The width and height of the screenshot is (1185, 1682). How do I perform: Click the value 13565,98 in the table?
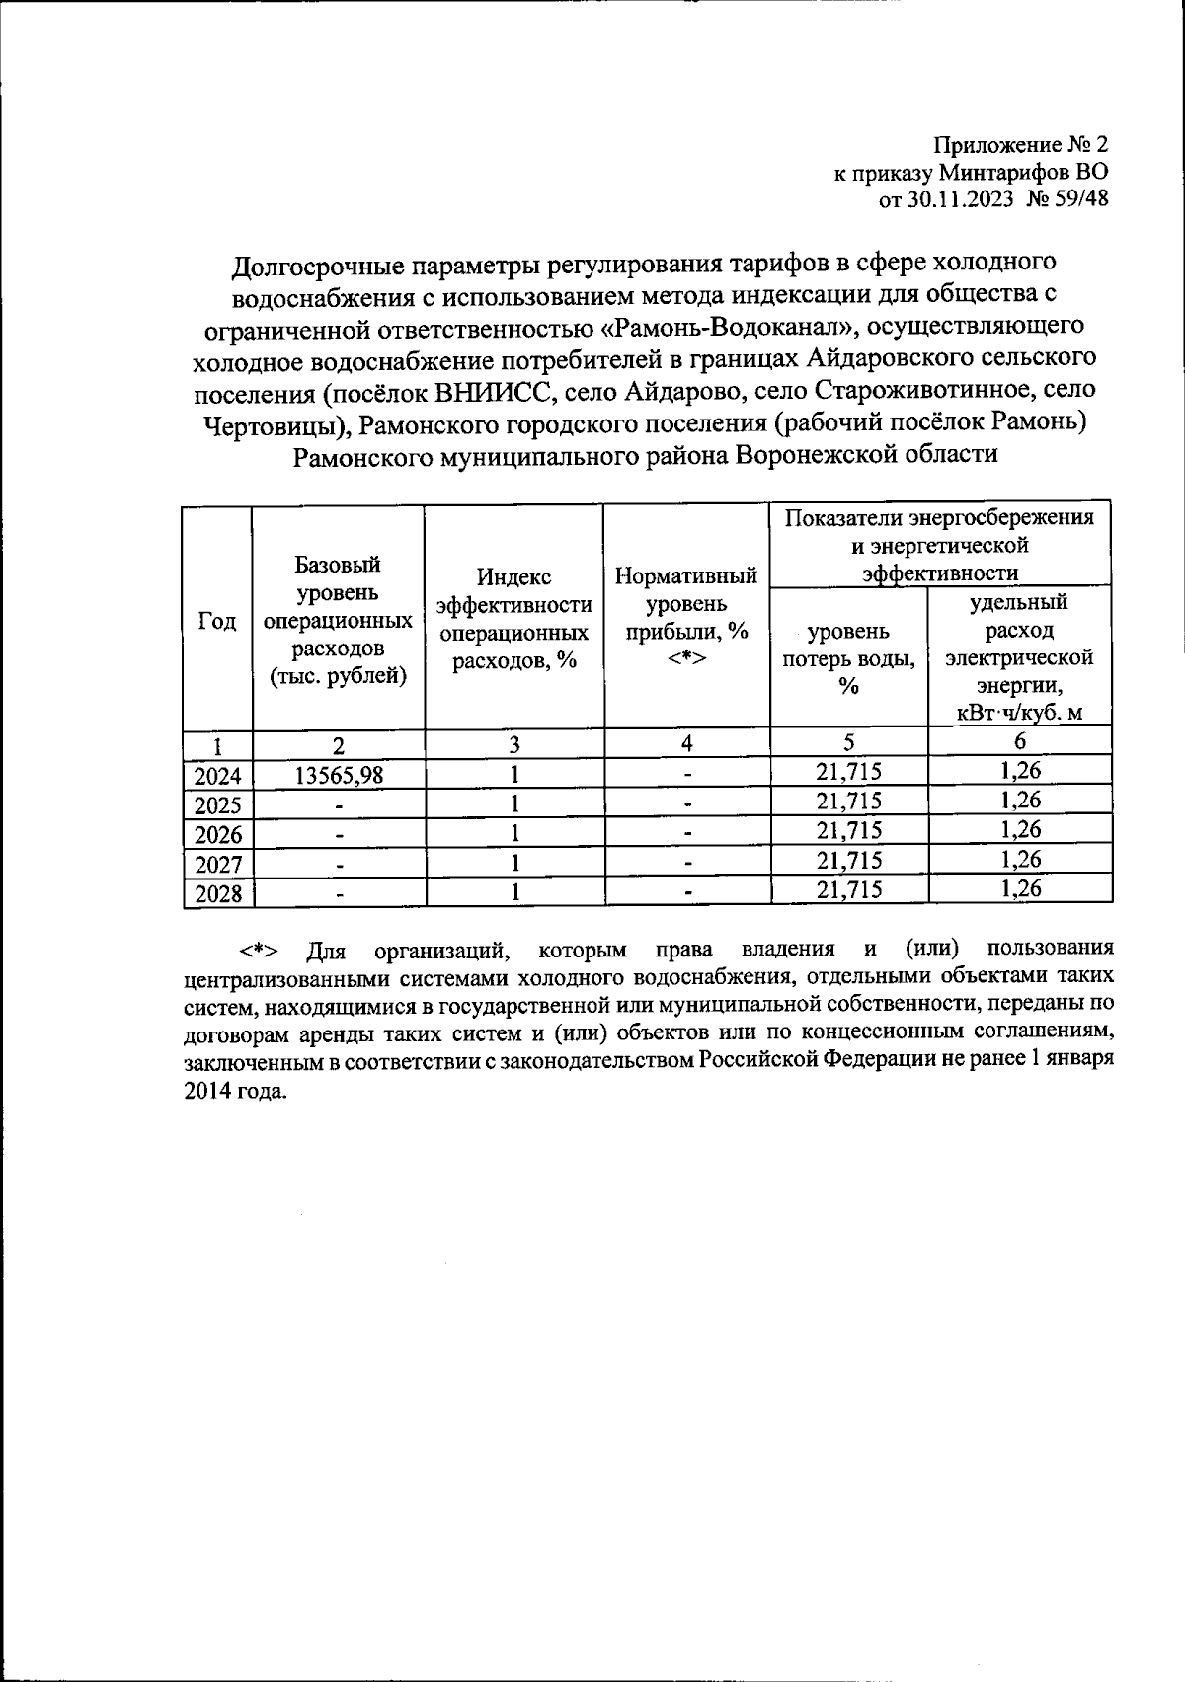pyautogui.click(x=339, y=775)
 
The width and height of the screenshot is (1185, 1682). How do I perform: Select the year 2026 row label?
pyautogui.click(x=218, y=835)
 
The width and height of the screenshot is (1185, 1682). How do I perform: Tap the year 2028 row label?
pyautogui.click(x=218, y=894)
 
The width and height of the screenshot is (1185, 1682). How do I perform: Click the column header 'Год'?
pyautogui.click(x=217, y=621)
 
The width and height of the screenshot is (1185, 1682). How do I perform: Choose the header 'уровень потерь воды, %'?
pyautogui.click(x=848, y=658)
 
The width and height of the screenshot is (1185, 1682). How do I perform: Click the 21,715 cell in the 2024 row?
pyautogui.click(x=849, y=772)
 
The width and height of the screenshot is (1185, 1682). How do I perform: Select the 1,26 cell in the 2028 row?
pyautogui.click(x=1020, y=888)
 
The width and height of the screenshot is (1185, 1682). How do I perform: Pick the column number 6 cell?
pyautogui.click(x=1020, y=741)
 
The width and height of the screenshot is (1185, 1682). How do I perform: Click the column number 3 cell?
pyautogui.click(x=513, y=743)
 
